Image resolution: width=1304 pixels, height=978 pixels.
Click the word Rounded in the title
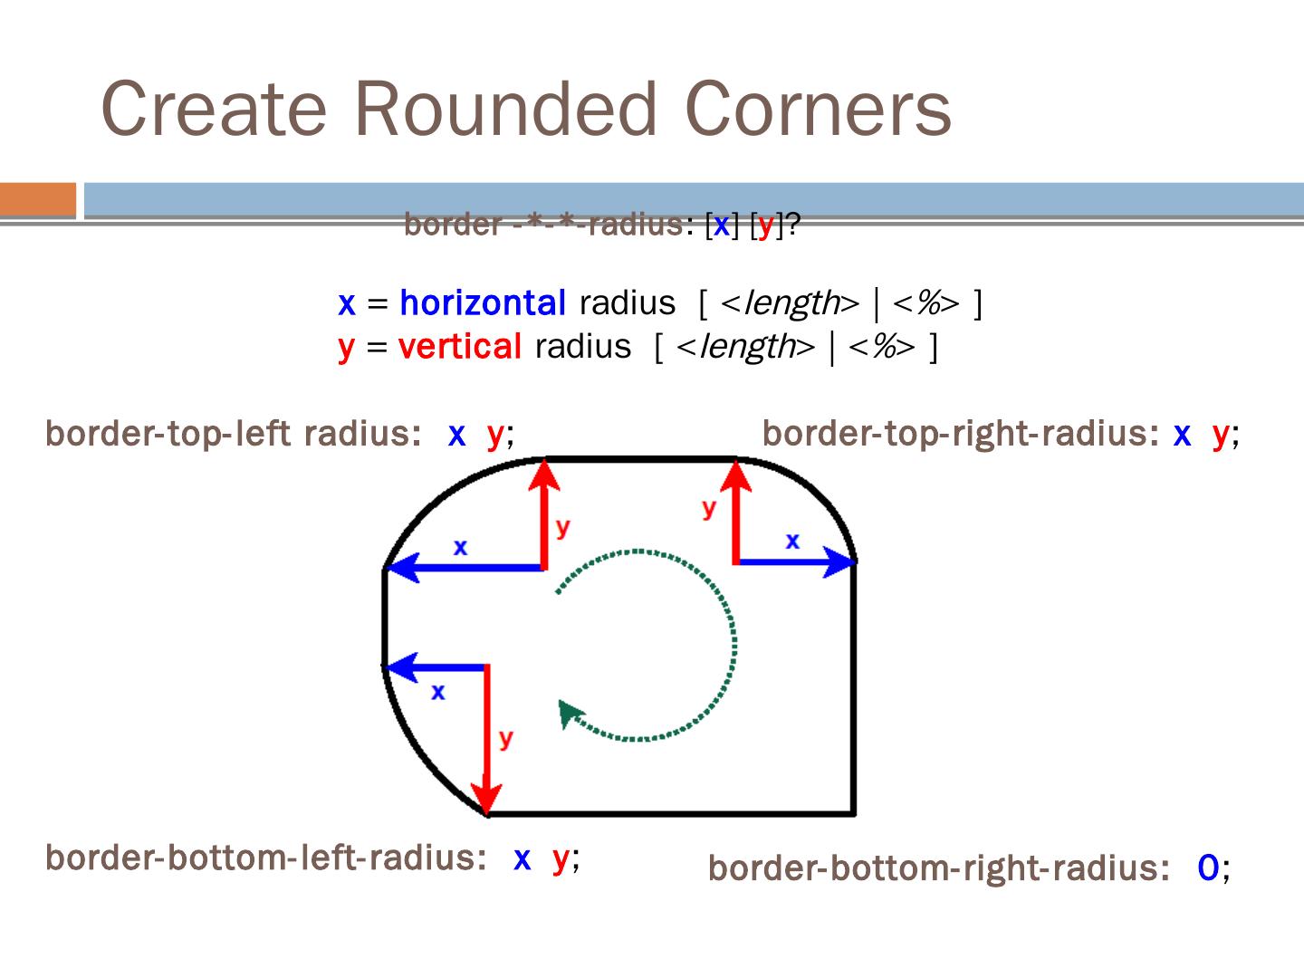click(x=503, y=109)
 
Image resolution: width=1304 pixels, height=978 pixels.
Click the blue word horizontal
click(x=482, y=302)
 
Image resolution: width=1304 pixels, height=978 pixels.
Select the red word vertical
click(x=459, y=346)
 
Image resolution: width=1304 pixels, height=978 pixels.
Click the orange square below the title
click(x=38, y=199)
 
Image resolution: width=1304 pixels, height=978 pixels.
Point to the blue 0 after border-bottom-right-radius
click(x=1207, y=868)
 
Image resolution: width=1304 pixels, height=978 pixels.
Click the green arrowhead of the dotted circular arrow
click(x=570, y=713)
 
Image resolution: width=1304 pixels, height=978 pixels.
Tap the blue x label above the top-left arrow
click(x=460, y=547)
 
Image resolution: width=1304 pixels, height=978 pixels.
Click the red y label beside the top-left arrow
click(x=563, y=526)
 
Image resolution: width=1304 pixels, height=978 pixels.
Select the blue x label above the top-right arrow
click(x=792, y=541)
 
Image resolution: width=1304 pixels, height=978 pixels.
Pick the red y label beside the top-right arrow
click(x=708, y=508)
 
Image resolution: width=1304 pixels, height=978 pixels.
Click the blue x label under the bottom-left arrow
click(x=438, y=692)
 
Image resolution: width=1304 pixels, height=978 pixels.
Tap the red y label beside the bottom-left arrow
click(x=505, y=738)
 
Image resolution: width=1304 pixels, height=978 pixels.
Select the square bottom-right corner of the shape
click(x=853, y=812)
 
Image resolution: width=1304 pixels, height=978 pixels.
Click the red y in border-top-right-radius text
click(x=1220, y=435)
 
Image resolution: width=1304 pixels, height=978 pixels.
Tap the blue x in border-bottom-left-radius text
click(x=522, y=857)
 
